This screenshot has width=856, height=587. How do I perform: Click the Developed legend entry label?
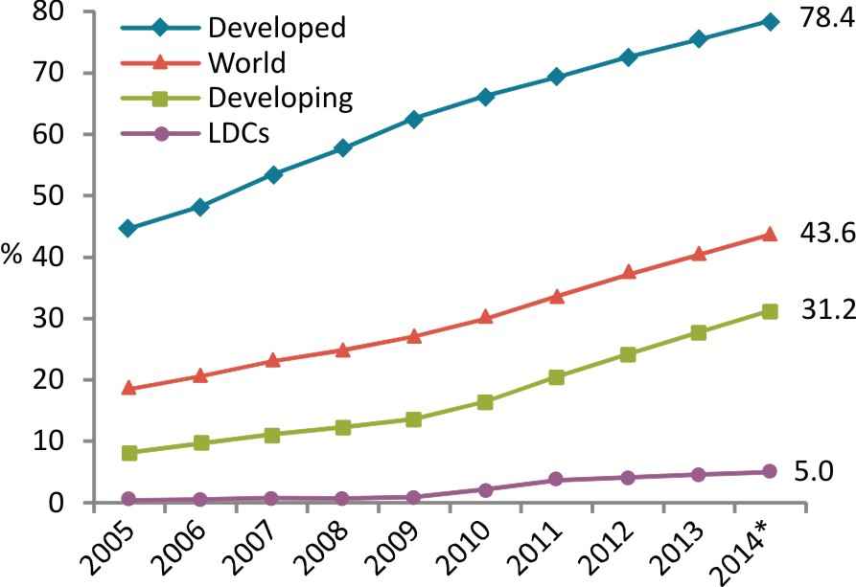coord(277,27)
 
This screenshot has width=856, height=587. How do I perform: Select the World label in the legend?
coord(246,62)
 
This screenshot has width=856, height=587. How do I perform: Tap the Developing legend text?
coord(281,99)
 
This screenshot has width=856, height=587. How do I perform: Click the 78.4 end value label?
coord(827,18)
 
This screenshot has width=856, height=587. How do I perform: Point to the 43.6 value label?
coord(827,234)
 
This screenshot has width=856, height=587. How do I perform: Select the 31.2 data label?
coord(827,310)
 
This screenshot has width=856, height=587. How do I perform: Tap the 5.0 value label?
coord(814,471)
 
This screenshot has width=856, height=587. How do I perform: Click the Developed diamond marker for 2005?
coord(128,228)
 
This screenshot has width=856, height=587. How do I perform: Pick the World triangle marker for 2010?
coord(485,317)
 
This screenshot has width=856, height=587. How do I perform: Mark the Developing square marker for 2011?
coord(556,377)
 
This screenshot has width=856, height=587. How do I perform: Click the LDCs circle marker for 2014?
coord(770,471)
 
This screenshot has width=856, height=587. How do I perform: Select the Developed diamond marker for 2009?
coord(414,119)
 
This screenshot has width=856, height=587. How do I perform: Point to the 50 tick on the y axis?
coord(48,195)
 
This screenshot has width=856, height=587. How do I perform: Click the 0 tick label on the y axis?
coord(56,502)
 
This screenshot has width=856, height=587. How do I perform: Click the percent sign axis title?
coord(12,255)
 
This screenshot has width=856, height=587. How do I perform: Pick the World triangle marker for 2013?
coord(699,254)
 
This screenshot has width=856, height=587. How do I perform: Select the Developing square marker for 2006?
coord(201,442)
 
